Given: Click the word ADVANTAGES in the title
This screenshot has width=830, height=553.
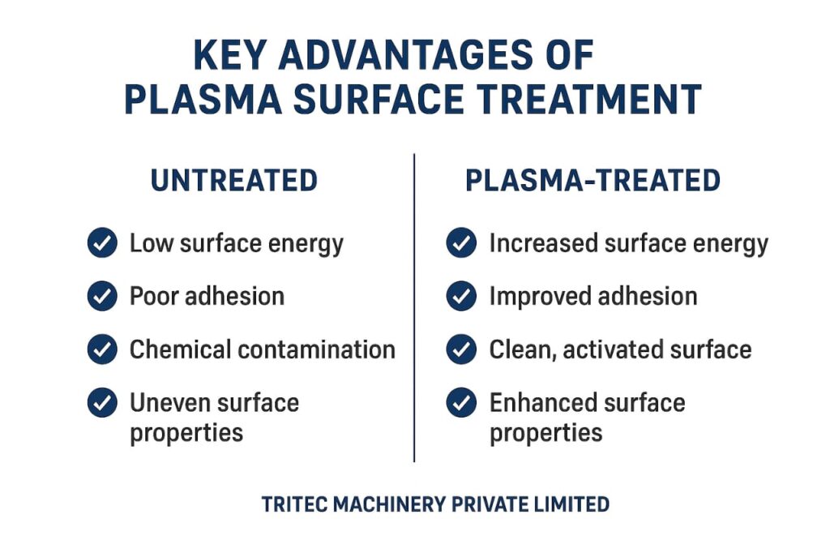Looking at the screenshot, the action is pyautogui.click(x=405, y=54).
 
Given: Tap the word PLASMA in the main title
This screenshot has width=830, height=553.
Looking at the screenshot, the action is pyautogui.click(x=203, y=99).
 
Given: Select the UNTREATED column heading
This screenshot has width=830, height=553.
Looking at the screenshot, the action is pyautogui.click(x=234, y=180).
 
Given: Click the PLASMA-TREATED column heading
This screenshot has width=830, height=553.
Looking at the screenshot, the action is pyautogui.click(x=593, y=180).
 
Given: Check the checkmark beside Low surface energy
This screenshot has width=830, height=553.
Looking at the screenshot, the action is pyautogui.click(x=102, y=242).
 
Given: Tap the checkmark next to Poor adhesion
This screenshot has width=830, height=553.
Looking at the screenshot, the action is pyautogui.click(x=102, y=296).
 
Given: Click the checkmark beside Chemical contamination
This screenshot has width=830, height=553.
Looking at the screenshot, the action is pyautogui.click(x=102, y=349).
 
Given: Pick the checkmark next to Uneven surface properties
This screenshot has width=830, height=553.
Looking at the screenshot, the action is pyautogui.click(x=102, y=402).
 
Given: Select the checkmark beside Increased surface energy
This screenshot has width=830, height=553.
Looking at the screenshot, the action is pyautogui.click(x=461, y=242).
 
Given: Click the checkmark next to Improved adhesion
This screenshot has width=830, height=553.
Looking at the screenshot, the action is pyautogui.click(x=461, y=296).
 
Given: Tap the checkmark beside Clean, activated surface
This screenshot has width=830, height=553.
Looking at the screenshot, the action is pyautogui.click(x=461, y=349).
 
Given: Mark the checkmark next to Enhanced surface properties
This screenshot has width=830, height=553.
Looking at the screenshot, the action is pyautogui.click(x=461, y=402).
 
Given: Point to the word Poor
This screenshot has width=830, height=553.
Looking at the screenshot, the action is pyautogui.click(x=154, y=296).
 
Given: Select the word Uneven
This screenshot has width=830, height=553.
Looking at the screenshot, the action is pyautogui.click(x=169, y=402).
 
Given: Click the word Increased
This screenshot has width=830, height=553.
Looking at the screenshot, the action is pyautogui.click(x=543, y=243).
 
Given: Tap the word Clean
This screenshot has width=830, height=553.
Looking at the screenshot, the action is pyautogui.click(x=522, y=350).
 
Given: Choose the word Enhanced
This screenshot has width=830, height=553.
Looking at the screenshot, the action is pyautogui.click(x=542, y=402).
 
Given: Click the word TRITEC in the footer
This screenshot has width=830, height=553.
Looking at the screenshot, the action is pyautogui.click(x=295, y=504).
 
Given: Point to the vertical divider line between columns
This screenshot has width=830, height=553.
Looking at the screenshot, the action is pyautogui.click(x=414, y=308).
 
